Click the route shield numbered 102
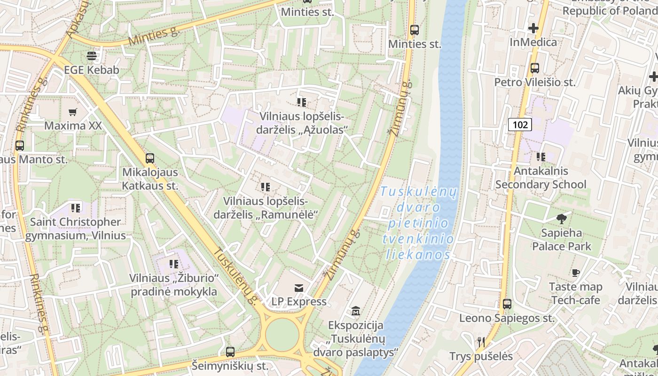click(x=519, y=125)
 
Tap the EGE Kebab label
click(x=92, y=70)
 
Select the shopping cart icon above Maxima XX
click(x=72, y=112)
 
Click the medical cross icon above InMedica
click(x=533, y=28)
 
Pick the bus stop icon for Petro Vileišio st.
click(x=534, y=68)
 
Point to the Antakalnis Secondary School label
click(x=540, y=178)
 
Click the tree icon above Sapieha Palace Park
click(x=561, y=219)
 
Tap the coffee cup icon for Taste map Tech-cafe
click(x=576, y=273)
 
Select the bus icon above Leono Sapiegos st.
click(x=507, y=304)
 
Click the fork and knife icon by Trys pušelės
click(x=481, y=342)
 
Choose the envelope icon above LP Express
click(x=298, y=288)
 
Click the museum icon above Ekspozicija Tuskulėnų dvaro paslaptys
click(x=356, y=311)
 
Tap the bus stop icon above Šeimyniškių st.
click(x=230, y=352)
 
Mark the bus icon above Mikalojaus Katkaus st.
click(x=150, y=158)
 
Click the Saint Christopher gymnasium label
click(x=75, y=228)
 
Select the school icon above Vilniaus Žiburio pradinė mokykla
click(x=174, y=264)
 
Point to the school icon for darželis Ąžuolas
click(x=302, y=102)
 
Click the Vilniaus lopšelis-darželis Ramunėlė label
click(x=266, y=208)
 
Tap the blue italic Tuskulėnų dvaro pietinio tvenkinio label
click(x=418, y=223)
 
